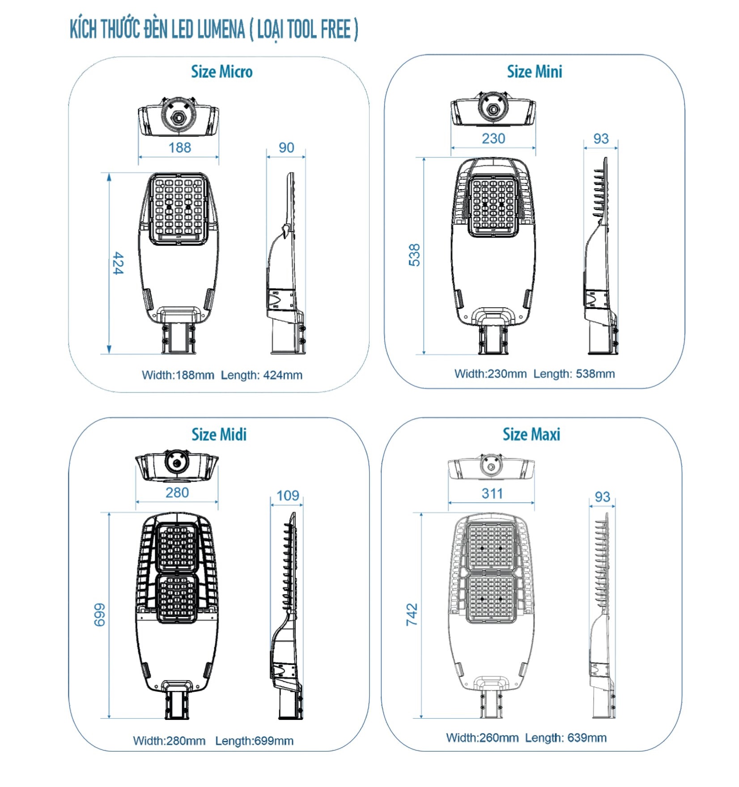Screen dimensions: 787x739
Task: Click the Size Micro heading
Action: [221, 72]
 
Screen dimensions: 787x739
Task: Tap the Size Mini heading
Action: [534, 72]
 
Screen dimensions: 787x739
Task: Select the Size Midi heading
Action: [219, 435]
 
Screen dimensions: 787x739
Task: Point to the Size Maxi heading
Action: [531, 435]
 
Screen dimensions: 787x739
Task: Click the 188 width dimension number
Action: [179, 148]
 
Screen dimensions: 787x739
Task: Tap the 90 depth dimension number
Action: [286, 148]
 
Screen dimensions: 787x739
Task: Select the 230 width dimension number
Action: [493, 139]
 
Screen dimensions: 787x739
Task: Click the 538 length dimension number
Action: [415, 255]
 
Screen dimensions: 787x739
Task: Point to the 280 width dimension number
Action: [177, 493]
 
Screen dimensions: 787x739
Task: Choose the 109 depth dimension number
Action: [287, 495]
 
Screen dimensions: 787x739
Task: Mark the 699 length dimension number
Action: [99, 615]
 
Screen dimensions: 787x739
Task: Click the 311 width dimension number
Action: [492, 494]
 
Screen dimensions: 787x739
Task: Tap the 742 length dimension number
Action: [412, 614]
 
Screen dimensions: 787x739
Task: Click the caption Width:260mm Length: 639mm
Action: [526, 738]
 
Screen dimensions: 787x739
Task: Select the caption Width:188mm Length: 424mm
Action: [222, 375]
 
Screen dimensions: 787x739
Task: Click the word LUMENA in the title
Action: [221, 30]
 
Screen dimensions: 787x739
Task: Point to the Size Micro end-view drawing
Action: [178, 116]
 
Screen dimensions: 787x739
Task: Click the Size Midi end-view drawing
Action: [177, 466]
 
